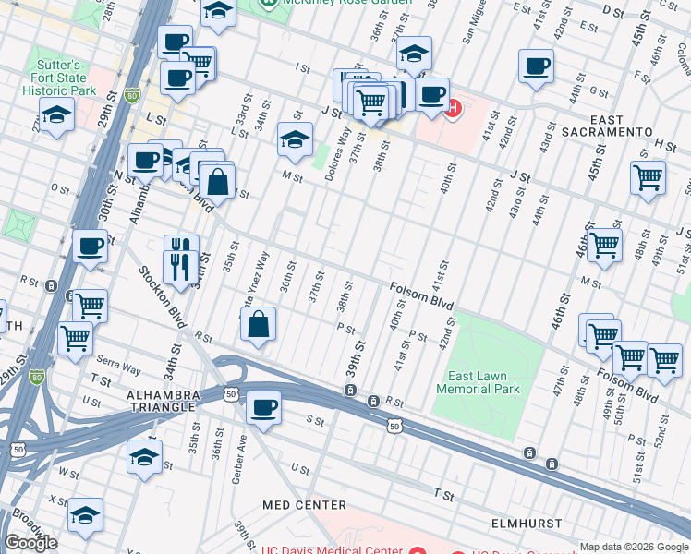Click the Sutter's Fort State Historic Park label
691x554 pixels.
click(x=58, y=78)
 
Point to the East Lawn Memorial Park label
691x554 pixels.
click(x=483, y=382)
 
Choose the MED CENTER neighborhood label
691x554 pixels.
click(x=304, y=505)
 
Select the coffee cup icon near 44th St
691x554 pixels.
click(x=537, y=66)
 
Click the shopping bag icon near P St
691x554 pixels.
click(x=260, y=324)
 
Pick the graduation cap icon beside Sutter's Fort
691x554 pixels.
click(x=57, y=116)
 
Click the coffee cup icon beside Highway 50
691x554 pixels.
click(x=264, y=407)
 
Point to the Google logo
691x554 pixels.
click(x=30, y=543)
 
